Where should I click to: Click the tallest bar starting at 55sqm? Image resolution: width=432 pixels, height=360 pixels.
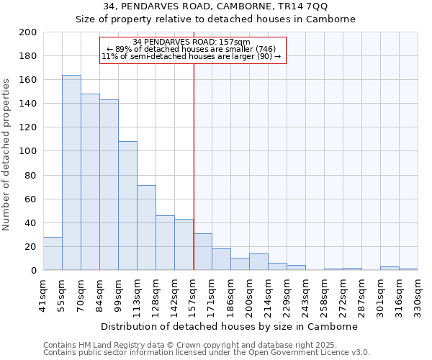pyautogui.click(x=71, y=173)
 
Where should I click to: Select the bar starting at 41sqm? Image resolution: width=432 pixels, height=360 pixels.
pyautogui.click(x=53, y=253)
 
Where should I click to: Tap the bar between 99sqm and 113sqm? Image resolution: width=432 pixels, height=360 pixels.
pyautogui.click(x=127, y=206)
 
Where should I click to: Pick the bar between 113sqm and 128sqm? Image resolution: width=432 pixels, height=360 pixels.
pyautogui.click(x=146, y=228)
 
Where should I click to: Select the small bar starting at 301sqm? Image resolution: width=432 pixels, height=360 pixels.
pyautogui.click(x=390, y=269)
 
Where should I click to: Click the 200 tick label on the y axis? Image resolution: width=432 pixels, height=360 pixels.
pyautogui.click(x=28, y=32)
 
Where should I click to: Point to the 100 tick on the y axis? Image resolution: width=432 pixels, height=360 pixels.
pyautogui.click(x=28, y=151)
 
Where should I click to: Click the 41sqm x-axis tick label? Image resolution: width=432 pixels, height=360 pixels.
pyautogui.click(x=43, y=294)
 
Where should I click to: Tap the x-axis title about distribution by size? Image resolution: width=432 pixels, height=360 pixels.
pyautogui.click(x=230, y=326)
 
